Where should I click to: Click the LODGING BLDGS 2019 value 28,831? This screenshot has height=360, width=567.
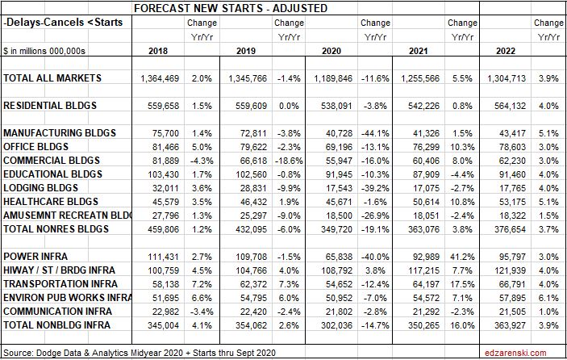[x=252, y=188]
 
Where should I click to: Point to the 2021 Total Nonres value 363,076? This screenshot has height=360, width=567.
[x=427, y=229]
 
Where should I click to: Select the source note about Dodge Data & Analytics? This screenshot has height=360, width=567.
[x=120, y=353]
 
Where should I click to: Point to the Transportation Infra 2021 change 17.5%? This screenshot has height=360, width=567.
[x=463, y=284]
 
